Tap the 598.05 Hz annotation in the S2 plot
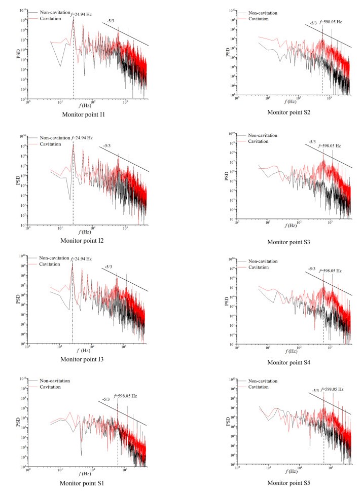(331, 23)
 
